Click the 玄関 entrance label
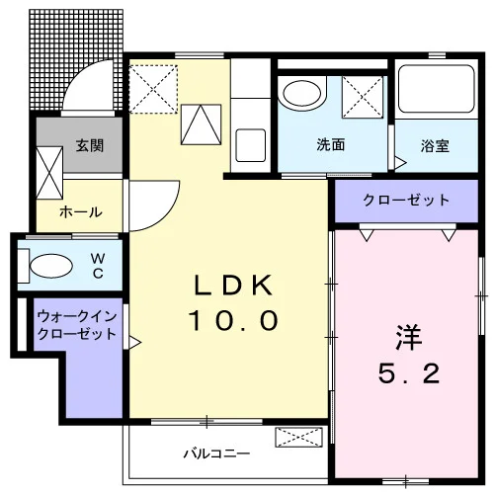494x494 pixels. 90,145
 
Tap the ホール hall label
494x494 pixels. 80,211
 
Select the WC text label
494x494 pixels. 98,266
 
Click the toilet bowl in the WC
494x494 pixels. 51,266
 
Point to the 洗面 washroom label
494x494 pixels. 331,144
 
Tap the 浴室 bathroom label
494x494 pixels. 435,146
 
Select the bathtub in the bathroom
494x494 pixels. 437,89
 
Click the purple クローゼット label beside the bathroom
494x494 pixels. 406,200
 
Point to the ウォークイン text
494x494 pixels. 77,316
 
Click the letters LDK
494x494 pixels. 233,286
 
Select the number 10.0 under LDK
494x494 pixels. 233,320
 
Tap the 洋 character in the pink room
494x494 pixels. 408,337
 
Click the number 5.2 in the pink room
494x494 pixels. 409,373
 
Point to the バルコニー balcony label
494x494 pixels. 216,453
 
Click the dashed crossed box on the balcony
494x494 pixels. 298,438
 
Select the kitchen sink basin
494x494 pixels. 251,145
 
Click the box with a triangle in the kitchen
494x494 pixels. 201,124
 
